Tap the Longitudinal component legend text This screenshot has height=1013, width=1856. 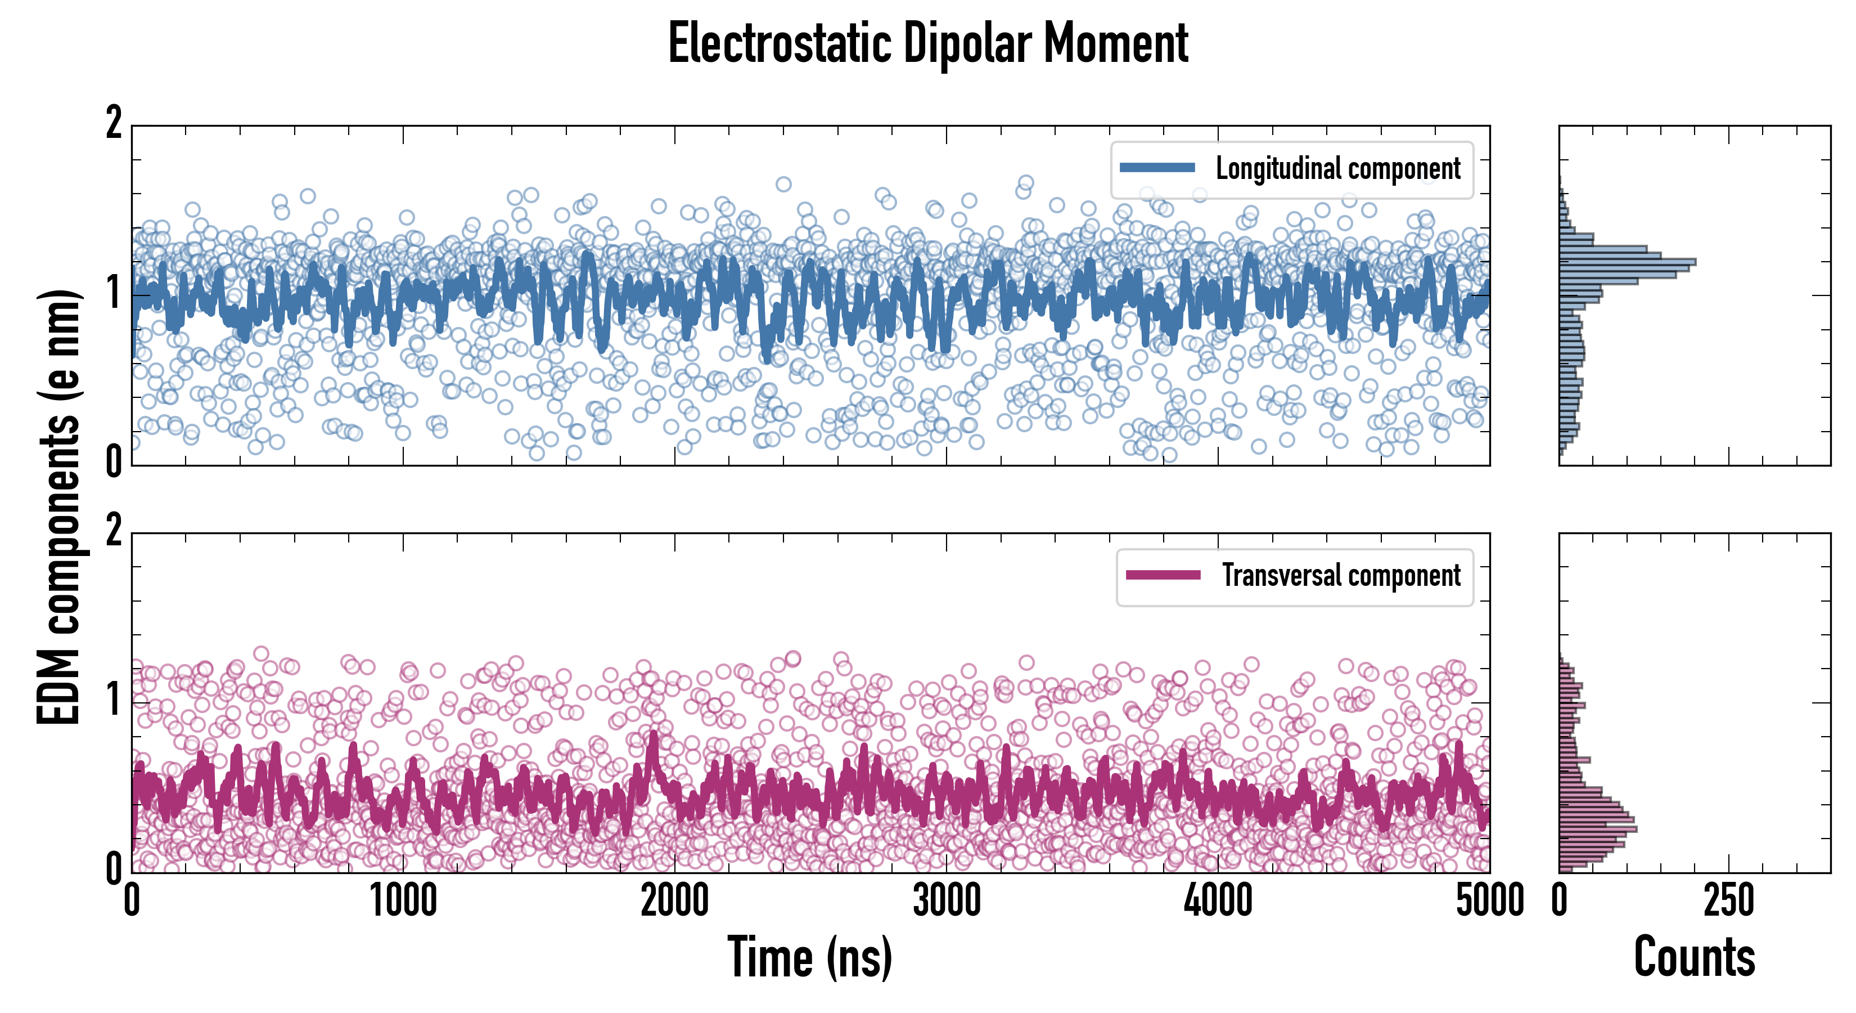point(1338,169)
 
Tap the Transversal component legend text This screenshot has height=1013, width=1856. point(1341,575)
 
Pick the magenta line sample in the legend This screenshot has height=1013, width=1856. point(1163,575)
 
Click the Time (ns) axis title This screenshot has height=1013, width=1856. point(810,957)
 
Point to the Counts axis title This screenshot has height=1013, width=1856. point(1694,957)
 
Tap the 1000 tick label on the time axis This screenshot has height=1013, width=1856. point(403,901)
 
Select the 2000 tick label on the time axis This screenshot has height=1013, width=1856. point(675,901)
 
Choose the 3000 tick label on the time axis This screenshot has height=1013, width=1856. point(947,901)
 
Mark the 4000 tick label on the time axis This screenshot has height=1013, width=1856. point(1218,901)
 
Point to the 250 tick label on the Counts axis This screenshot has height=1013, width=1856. point(1728,901)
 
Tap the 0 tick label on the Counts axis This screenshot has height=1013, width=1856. point(1560,901)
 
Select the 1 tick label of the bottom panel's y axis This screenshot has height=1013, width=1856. point(114,700)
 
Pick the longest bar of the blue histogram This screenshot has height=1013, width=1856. point(1627,262)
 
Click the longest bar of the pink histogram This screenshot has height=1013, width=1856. point(1597,829)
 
